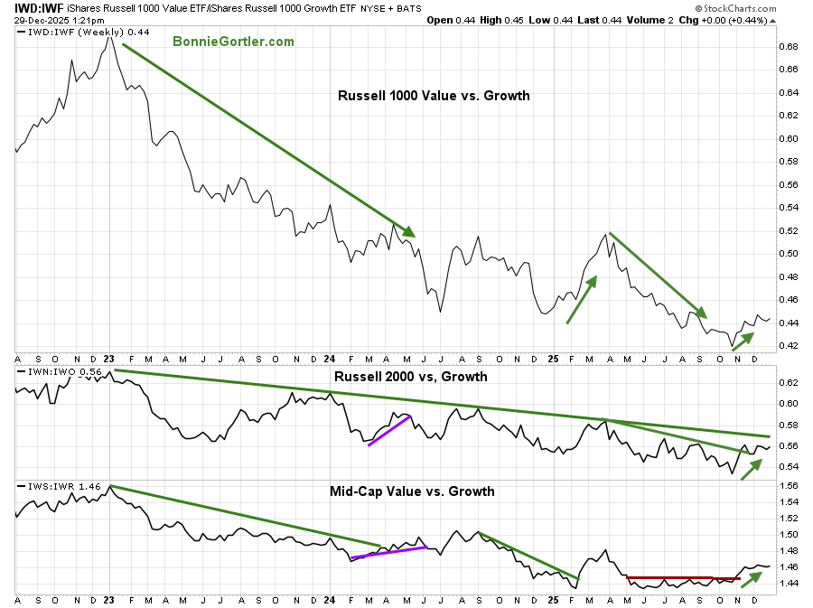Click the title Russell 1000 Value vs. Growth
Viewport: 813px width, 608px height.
pos(434,95)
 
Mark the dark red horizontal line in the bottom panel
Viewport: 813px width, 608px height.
pos(682,577)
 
